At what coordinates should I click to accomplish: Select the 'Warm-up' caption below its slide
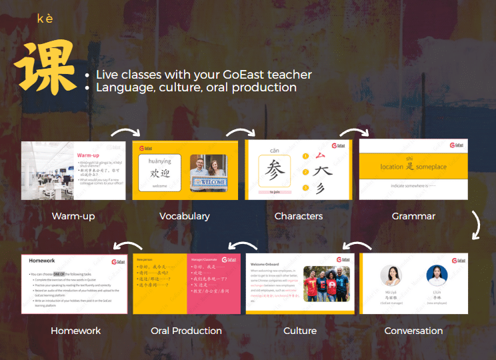tap(73, 216)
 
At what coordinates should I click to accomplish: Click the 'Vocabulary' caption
tap(185, 216)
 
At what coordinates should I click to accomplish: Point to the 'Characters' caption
tap(299, 216)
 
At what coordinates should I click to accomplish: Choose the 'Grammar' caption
tap(413, 216)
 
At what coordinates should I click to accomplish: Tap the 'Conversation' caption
tap(413, 331)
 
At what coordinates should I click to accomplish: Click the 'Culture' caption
tap(300, 331)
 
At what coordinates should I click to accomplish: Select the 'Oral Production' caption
tap(186, 331)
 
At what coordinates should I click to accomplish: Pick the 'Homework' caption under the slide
tap(76, 331)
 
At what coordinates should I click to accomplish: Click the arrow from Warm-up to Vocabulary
tap(125, 131)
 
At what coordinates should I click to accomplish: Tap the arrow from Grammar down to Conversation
tap(475, 225)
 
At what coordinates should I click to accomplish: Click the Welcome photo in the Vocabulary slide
tap(208, 172)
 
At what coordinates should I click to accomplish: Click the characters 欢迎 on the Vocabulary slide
tap(159, 173)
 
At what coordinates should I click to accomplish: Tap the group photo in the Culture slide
tap(327, 284)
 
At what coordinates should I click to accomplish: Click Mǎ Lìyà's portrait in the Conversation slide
tap(391, 276)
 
